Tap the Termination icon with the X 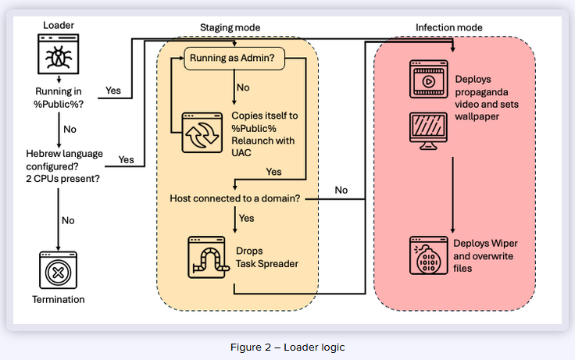[59, 270]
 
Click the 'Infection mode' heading [448, 27]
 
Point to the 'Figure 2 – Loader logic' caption [287, 347]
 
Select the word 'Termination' [59, 299]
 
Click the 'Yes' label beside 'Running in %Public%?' [113, 91]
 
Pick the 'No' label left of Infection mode [341, 190]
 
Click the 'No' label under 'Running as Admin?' [243, 88]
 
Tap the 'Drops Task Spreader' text [266, 258]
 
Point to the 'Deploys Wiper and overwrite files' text [486, 255]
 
